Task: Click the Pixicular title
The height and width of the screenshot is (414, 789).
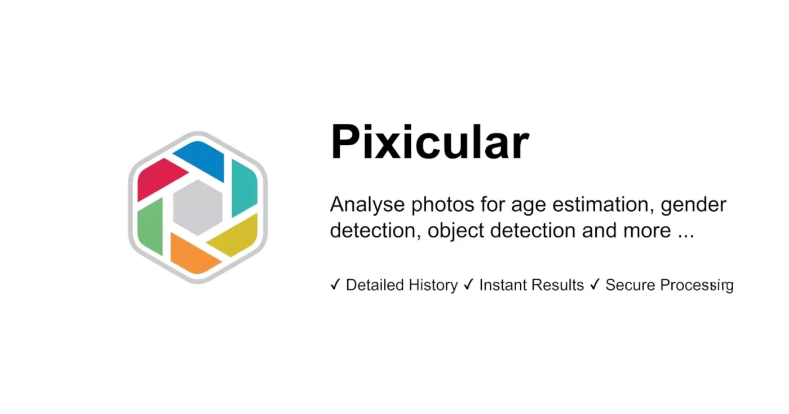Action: [x=429, y=143]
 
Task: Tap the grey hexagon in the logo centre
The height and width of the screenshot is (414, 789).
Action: [x=197, y=207]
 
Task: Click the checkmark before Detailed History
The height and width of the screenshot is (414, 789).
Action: [x=335, y=285]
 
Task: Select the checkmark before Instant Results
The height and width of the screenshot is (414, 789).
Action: [x=468, y=285]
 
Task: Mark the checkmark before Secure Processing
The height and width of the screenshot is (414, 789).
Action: [x=595, y=285]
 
